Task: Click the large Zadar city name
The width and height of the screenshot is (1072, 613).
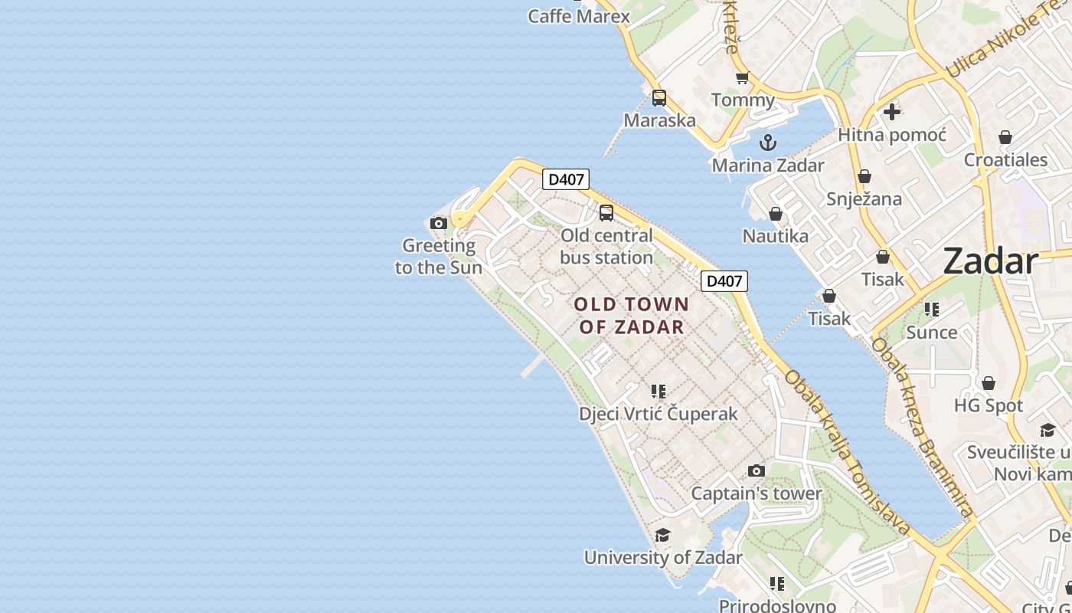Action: (x=990, y=261)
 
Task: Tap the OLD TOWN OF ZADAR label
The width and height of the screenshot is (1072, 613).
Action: (x=632, y=316)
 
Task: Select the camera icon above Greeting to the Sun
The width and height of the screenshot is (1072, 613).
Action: (x=439, y=224)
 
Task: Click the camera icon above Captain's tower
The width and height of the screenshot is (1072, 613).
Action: (x=757, y=470)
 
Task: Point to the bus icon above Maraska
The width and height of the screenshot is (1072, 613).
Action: (x=659, y=98)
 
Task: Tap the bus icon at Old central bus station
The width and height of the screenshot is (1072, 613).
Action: (x=606, y=213)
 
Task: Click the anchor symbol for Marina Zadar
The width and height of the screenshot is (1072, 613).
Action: (x=767, y=143)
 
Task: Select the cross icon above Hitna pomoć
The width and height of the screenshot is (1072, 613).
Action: (x=892, y=112)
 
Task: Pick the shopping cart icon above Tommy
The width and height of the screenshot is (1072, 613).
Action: (x=742, y=78)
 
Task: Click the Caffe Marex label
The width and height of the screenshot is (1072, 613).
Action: (x=579, y=16)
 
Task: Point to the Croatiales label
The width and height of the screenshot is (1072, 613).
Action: (x=1005, y=160)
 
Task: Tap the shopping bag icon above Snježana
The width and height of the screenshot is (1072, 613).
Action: (x=864, y=177)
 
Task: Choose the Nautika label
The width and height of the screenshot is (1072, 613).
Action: (x=776, y=236)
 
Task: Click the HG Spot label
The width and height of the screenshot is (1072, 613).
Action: (x=989, y=405)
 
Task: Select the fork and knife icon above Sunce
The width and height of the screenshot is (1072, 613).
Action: (x=932, y=310)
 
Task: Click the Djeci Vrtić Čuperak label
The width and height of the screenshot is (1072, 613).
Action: (x=659, y=414)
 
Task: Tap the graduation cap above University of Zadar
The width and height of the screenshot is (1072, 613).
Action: (x=663, y=535)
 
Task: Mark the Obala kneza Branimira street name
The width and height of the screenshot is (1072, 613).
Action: (x=922, y=429)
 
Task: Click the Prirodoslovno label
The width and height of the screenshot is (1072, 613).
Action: (x=777, y=605)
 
